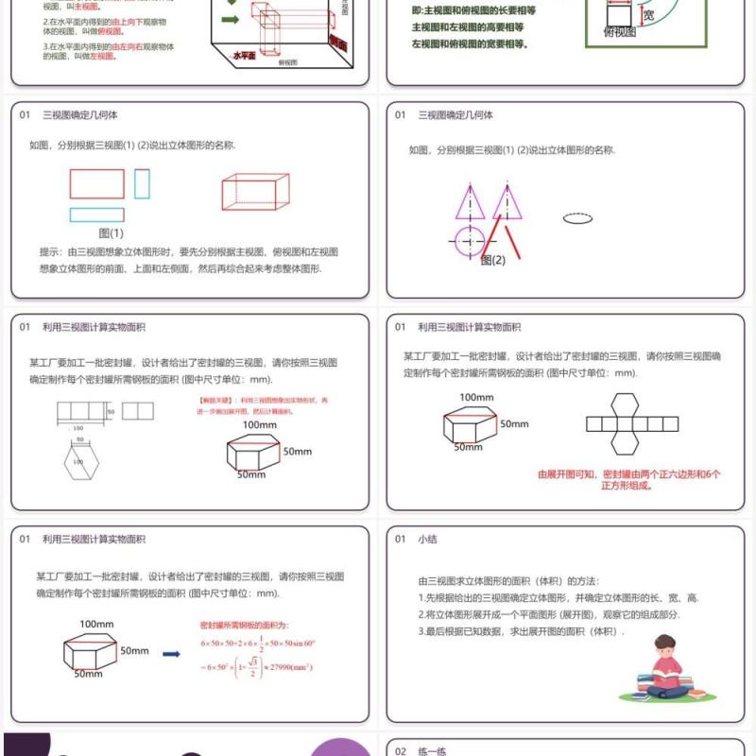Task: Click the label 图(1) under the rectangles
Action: (x=111, y=232)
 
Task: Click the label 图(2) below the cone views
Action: (x=492, y=260)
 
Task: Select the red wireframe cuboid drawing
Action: (x=255, y=191)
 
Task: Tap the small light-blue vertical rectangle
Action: (x=142, y=183)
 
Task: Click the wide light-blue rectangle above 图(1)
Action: (x=96, y=215)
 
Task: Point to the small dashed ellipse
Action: (x=576, y=218)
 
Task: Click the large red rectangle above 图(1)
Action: (x=96, y=183)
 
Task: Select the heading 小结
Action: (x=428, y=539)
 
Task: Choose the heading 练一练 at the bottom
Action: (x=432, y=750)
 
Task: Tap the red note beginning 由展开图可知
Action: (x=628, y=480)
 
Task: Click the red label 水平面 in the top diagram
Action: (x=245, y=56)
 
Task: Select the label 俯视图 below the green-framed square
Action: (x=620, y=31)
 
